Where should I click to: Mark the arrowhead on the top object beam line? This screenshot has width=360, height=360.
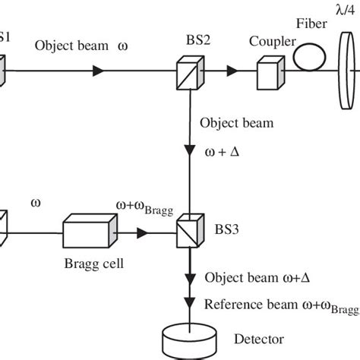[98, 72]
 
